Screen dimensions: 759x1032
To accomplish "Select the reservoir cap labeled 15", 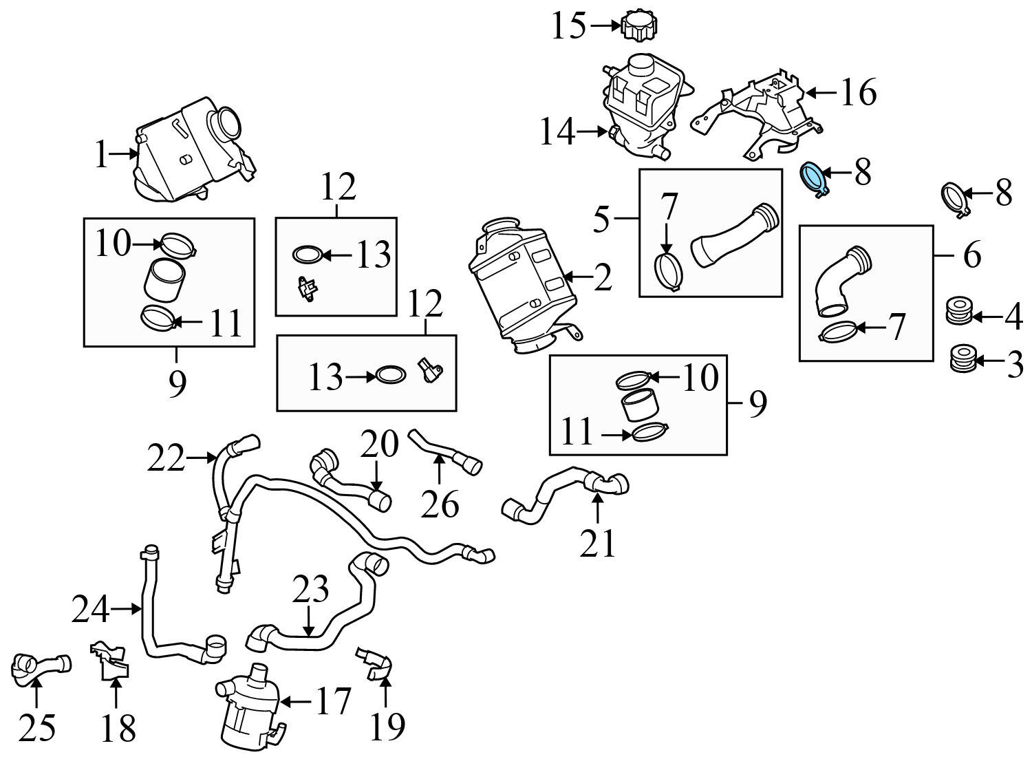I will [640, 27].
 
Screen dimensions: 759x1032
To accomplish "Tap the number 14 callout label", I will [557, 131].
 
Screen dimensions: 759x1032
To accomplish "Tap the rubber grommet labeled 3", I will [961, 360].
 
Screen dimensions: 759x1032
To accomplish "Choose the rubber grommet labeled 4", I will [958, 312].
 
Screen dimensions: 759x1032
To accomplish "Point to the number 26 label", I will [440, 505].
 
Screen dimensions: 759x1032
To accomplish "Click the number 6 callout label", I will [971, 255].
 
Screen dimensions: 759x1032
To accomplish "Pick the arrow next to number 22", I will [202, 457].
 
